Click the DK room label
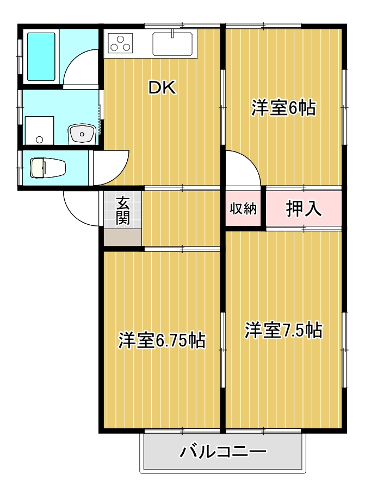(x=163, y=88)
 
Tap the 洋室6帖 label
(x=283, y=108)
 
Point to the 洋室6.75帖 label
(x=162, y=340)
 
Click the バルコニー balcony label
(x=223, y=452)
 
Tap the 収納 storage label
(x=243, y=208)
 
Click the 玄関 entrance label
(x=123, y=211)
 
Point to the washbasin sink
(x=82, y=132)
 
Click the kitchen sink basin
(x=172, y=45)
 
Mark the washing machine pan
(x=39, y=131)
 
